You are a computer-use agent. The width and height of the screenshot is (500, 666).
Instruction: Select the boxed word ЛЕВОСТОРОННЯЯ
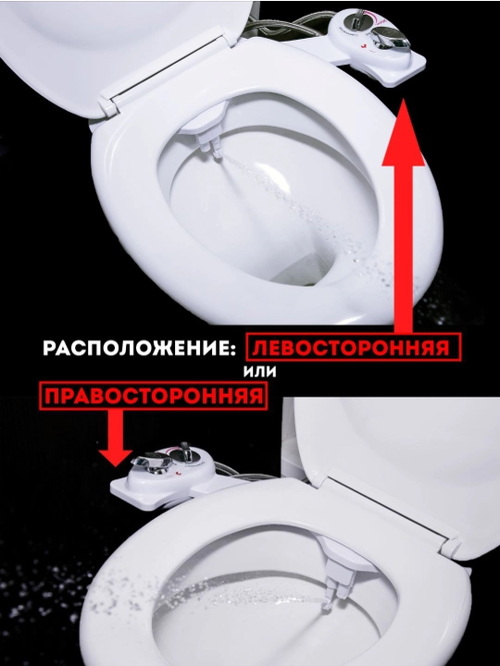(x=351, y=348)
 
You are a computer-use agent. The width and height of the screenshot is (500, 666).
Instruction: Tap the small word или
(x=260, y=372)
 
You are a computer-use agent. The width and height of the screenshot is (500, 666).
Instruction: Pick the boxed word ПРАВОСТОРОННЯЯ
(x=154, y=396)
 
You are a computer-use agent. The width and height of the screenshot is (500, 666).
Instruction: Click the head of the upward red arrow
(x=404, y=132)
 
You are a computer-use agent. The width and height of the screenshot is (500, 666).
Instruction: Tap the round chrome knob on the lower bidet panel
(x=186, y=453)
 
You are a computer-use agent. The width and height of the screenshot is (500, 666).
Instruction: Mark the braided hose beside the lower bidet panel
(x=243, y=473)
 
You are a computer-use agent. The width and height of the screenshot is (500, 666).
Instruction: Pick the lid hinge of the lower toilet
(x=451, y=548)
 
